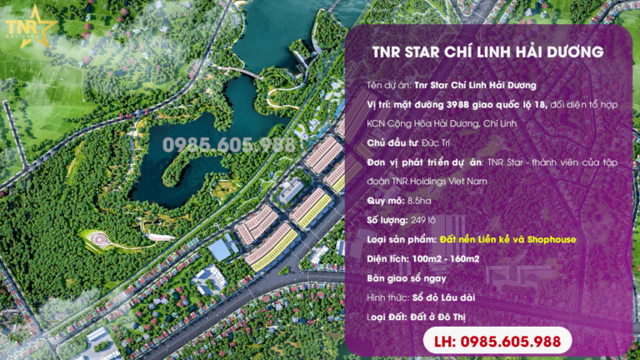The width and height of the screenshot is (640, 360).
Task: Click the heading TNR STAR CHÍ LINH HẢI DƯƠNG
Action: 487,52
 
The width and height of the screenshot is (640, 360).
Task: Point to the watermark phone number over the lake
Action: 228,144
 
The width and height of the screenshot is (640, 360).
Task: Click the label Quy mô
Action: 385,201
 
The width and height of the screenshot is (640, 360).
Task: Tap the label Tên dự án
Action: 388,85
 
